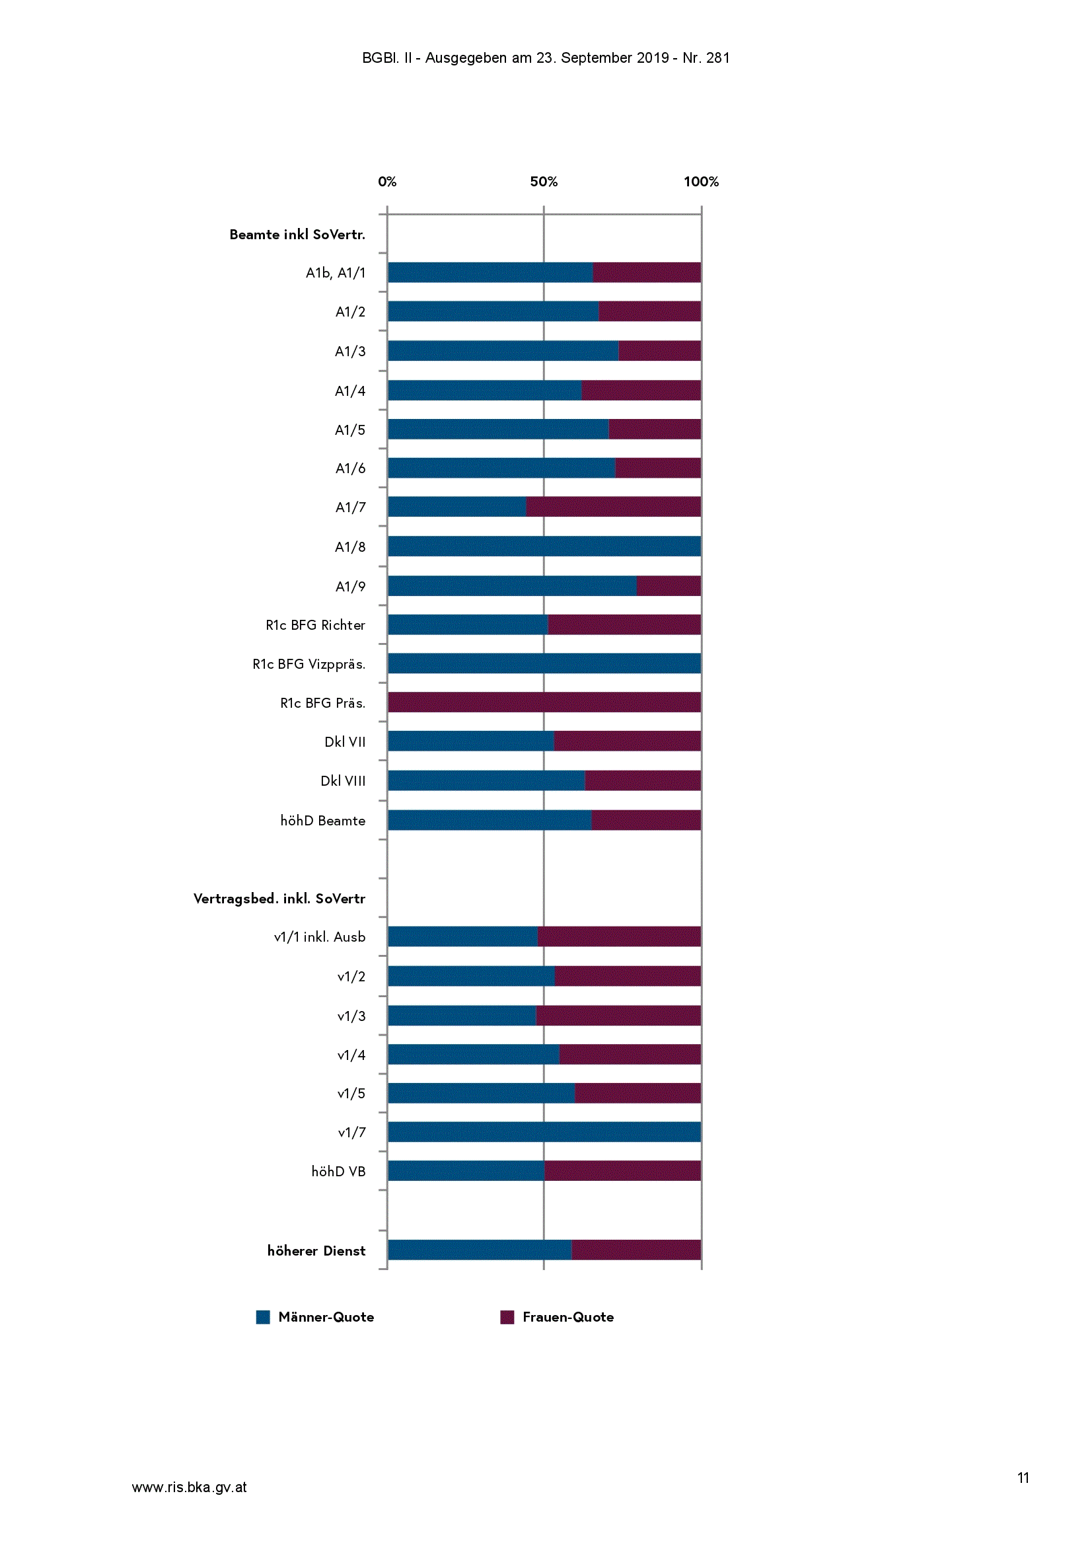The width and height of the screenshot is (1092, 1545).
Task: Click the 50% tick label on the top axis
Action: point(544,182)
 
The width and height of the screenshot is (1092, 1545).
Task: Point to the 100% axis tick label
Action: point(701,182)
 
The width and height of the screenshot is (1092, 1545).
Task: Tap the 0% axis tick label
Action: point(387,182)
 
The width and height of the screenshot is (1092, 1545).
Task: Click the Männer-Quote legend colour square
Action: point(263,1317)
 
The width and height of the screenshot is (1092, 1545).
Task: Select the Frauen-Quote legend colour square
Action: point(507,1317)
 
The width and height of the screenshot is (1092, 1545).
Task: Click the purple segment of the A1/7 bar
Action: point(613,507)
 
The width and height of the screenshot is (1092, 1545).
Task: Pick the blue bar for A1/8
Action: point(544,546)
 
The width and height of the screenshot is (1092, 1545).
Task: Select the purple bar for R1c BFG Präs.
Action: point(544,702)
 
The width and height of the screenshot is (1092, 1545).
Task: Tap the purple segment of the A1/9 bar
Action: point(669,585)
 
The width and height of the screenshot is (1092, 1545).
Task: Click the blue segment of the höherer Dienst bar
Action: point(480,1250)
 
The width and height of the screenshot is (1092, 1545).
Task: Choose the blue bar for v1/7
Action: point(544,1132)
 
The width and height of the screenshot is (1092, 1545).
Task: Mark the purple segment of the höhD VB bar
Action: point(622,1171)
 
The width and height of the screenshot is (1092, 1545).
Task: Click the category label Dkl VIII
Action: point(343,780)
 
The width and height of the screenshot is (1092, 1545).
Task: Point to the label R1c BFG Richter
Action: point(316,625)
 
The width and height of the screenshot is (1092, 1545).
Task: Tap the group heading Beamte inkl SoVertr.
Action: point(297,234)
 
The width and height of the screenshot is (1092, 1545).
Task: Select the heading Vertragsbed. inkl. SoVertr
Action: point(279,898)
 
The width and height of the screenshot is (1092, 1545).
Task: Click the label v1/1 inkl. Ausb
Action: point(320,936)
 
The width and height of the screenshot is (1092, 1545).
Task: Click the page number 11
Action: point(1023,1478)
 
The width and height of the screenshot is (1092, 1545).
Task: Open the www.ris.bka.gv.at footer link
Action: point(189,1487)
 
